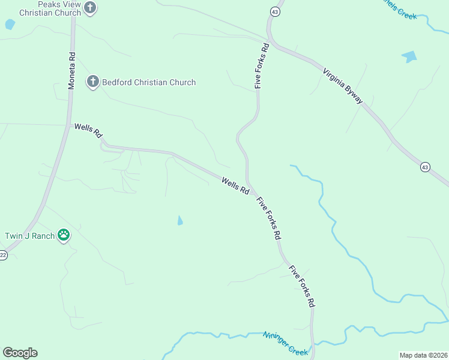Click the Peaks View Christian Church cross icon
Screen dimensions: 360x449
click(90, 8)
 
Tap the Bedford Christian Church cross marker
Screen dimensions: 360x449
click(92, 82)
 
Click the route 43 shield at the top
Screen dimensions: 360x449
click(274, 11)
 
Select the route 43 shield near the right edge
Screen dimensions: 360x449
click(425, 166)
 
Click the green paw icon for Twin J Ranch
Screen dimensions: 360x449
click(64, 235)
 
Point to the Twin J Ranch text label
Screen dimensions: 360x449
click(29, 236)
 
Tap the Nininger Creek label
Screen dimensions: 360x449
click(285, 343)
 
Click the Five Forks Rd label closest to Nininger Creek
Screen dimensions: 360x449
click(302, 287)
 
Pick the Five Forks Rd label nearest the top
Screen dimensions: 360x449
click(261, 65)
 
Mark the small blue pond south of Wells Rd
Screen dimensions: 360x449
click(180, 221)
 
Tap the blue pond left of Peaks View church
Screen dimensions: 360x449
click(10, 25)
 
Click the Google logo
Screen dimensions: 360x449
click(20, 353)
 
